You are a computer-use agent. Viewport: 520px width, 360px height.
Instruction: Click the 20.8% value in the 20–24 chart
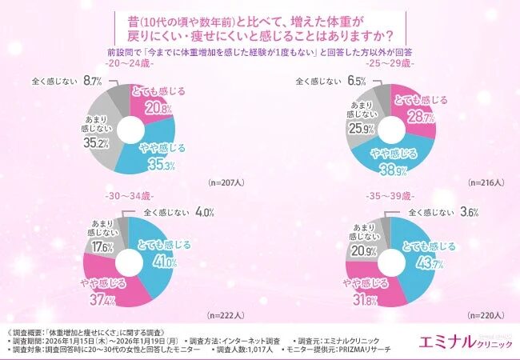click(158, 107)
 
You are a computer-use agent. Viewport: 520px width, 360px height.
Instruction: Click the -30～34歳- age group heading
click(126, 196)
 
